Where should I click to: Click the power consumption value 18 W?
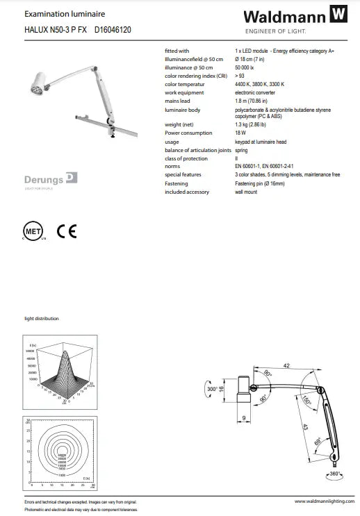tap(240, 133)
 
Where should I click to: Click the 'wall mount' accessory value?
tap(246, 192)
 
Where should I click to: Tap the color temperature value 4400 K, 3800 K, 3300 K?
tap(259, 85)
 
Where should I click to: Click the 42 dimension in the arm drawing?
tap(286, 366)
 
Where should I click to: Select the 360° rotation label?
tap(335, 475)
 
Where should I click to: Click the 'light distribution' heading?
tap(42, 319)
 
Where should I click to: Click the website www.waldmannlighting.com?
tap(319, 501)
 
